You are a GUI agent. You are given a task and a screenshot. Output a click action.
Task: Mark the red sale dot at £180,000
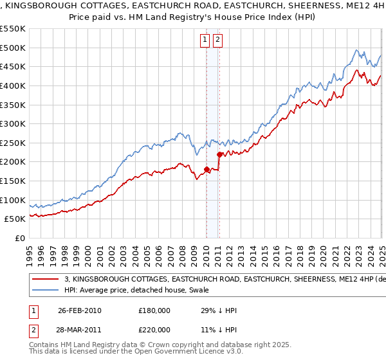click(207, 170)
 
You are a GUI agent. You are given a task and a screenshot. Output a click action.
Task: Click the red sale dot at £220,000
click(219, 154)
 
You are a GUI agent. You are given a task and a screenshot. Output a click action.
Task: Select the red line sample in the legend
click(45, 280)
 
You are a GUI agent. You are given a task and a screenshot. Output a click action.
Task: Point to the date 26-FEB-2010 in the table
click(79, 310)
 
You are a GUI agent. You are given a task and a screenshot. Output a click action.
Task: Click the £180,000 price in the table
click(154, 310)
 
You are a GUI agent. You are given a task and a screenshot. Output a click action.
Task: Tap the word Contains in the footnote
click(45, 345)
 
